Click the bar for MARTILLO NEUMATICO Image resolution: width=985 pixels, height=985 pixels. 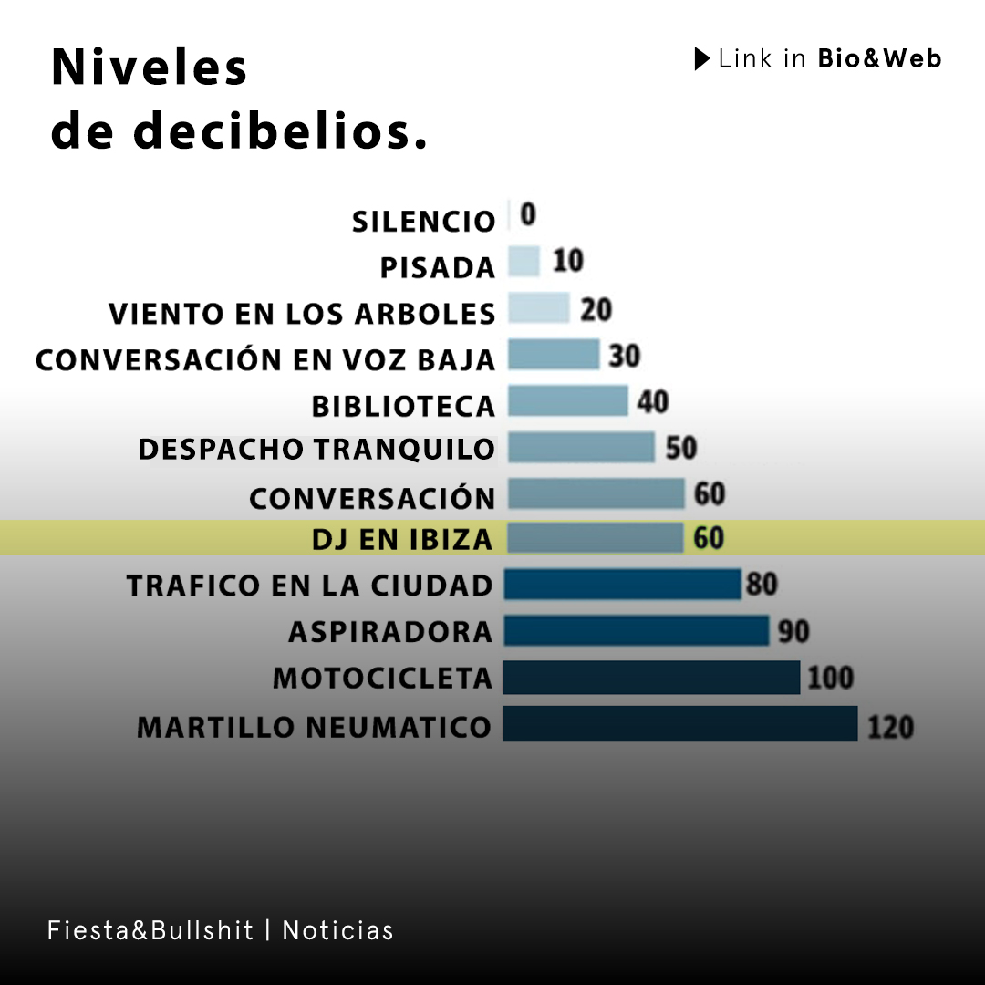(x=679, y=724)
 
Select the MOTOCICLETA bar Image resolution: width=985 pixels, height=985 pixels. (x=651, y=678)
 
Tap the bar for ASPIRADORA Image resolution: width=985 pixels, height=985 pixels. (x=637, y=630)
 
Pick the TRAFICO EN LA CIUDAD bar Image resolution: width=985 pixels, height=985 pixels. (x=622, y=585)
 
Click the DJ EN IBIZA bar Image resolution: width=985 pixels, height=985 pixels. (x=596, y=538)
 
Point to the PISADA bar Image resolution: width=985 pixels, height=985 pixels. (x=524, y=263)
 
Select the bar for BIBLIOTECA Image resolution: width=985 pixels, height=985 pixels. (x=567, y=401)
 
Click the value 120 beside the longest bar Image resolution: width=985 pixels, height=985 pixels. (x=889, y=727)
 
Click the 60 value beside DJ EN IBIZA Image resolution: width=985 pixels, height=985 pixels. (x=709, y=538)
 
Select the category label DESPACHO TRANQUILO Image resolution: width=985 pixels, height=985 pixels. (x=316, y=450)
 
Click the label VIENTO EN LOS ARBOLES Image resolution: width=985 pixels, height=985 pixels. (x=302, y=314)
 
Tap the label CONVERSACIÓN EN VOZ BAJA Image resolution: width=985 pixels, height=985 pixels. (x=265, y=359)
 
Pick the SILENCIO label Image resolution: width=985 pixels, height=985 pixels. (x=423, y=222)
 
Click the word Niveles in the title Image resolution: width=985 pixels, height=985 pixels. (x=150, y=68)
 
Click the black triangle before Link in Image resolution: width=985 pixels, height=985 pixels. (x=701, y=59)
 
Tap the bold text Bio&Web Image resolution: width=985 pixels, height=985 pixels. (x=879, y=59)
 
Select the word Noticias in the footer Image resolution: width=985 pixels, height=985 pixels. (x=337, y=930)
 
